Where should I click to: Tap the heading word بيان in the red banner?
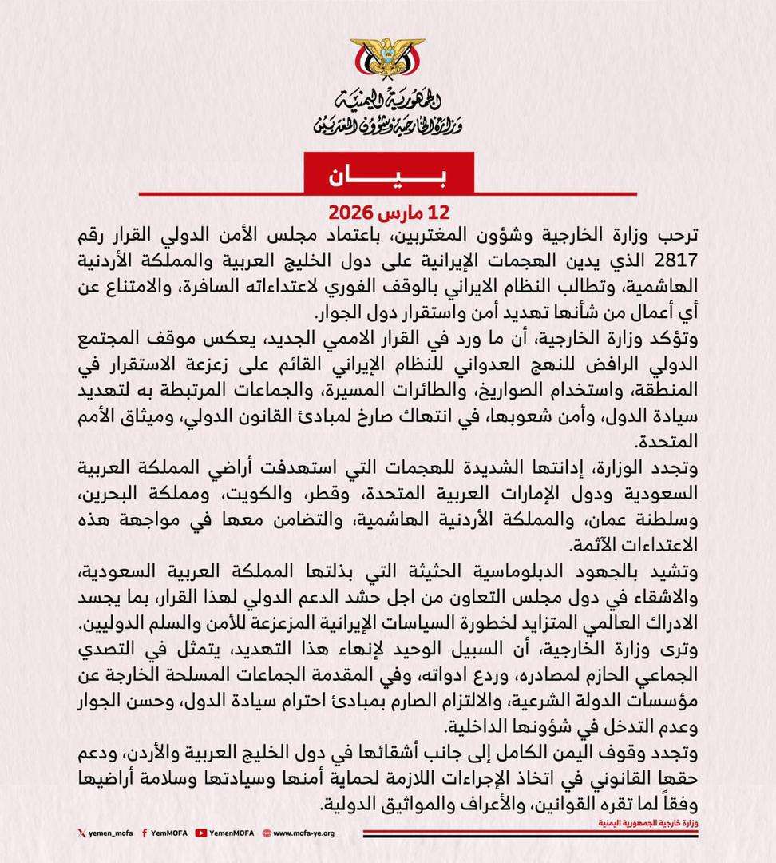coord(388,175)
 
